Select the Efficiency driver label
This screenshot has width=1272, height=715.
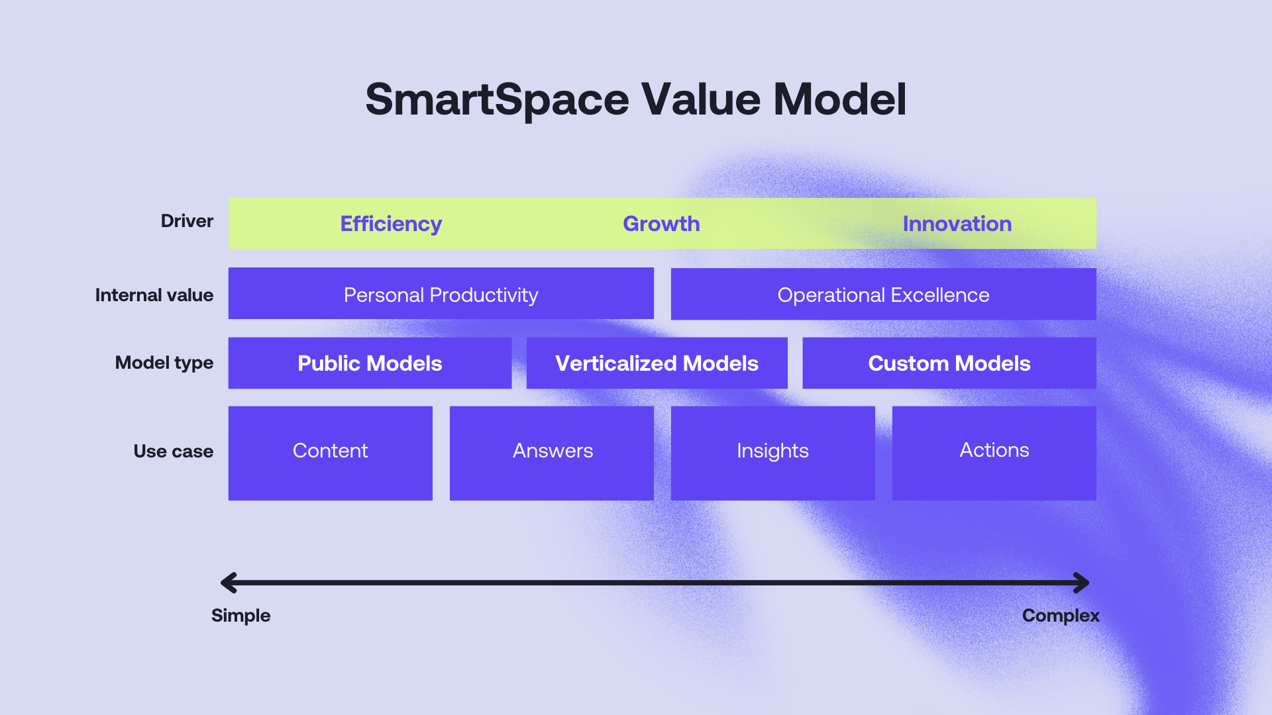[391, 224]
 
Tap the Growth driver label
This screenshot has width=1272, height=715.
[661, 224]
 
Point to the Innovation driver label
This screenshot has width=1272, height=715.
[957, 224]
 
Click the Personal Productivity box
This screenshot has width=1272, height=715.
[441, 293]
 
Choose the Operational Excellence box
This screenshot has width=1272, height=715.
[883, 294]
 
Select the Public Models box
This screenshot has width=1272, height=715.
[370, 363]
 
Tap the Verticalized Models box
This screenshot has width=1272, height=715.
[657, 363]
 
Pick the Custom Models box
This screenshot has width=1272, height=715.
[949, 363]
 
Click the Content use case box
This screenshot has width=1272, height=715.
[331, 453]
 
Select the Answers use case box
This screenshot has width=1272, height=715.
[552, 453]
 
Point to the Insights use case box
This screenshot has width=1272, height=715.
[773, 453]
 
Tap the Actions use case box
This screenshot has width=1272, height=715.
[994, 453]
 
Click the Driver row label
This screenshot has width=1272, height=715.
[187, 221]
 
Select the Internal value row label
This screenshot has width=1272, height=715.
[154, 295]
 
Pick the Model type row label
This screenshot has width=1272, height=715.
[164, 363]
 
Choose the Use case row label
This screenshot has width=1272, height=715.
[174, 452]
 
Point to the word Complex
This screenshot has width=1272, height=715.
[1061, 616]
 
